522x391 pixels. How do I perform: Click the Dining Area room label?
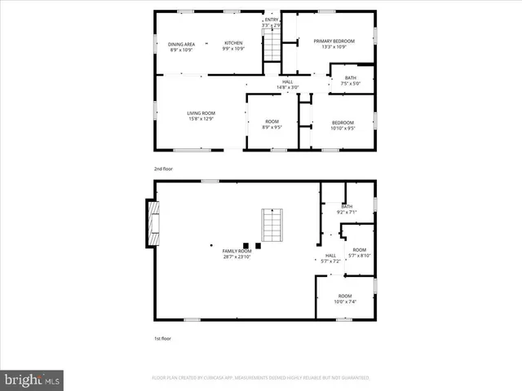182,44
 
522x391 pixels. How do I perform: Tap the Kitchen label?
234,43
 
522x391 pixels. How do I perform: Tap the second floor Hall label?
287,81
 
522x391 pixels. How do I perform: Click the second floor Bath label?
350,77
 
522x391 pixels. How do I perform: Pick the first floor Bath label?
347,207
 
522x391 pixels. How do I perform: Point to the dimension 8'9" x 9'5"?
271,127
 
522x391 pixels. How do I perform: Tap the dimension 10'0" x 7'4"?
345,301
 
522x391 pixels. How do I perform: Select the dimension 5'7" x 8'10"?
359,256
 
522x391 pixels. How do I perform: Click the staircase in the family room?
271,224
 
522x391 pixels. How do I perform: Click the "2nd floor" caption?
163,169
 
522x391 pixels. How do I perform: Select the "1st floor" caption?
163,337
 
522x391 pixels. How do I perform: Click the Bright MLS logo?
33,380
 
